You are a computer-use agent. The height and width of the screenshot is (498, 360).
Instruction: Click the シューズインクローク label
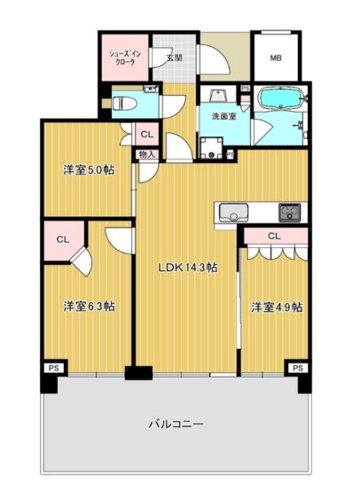tap(121, 58)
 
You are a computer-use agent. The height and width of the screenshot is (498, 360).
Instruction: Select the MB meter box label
tap(276, 58)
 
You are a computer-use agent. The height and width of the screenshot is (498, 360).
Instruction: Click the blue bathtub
tap(279, 98)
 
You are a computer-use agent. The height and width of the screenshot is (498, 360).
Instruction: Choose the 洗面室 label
tap(223, 116)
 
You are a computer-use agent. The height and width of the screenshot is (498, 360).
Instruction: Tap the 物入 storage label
tap(146, 154)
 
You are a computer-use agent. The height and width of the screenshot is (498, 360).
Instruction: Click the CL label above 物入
tap(147, 134)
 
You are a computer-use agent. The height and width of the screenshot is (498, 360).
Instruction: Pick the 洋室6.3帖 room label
tap(88, 306)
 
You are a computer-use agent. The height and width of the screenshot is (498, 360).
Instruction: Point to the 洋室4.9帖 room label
tap(276, 307)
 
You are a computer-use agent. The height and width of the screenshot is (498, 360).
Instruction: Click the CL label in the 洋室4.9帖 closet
tap(273, 236)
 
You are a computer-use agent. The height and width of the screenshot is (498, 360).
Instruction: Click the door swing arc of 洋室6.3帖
tap(117, 237)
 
